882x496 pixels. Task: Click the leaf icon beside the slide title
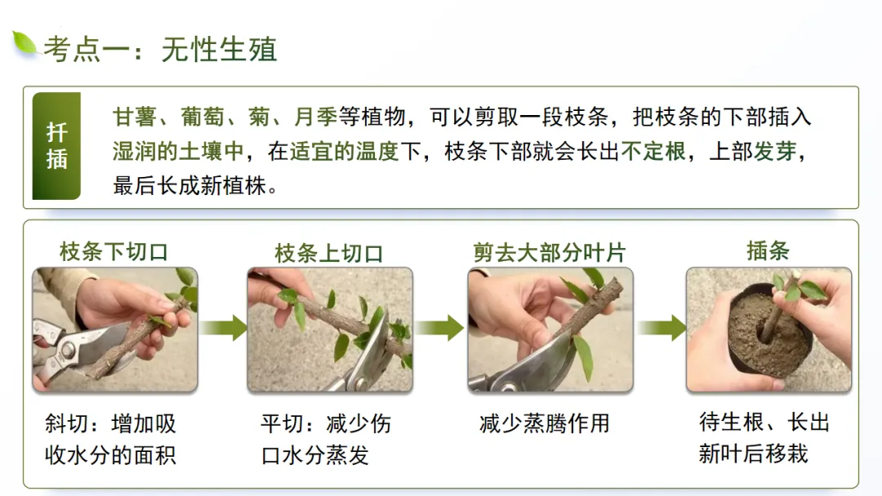[24, 43]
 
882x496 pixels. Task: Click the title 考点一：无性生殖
[160, 50]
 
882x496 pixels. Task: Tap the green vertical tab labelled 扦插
[56, 146]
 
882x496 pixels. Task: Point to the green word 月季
[315, 117]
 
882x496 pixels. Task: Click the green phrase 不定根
[653, 151]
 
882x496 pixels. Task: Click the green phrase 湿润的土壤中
[178, 151]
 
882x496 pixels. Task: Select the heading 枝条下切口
[114, 251]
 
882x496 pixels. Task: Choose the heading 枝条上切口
[329, 254]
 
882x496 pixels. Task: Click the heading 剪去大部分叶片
[550, 253]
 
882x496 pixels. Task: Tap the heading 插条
[768, 250]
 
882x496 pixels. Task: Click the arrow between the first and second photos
[223, 328]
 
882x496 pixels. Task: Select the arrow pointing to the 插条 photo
[661, 328]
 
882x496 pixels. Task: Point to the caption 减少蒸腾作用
[545, 423]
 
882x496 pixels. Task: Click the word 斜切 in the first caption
[66, 423]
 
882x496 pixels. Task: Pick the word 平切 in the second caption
[283, 423]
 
